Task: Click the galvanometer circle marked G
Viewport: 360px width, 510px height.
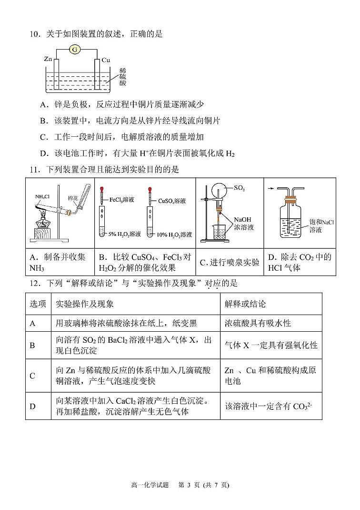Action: pyautogui.click(x=74, y=49)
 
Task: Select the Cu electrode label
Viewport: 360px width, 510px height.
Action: pyautogui.click(x=106, y=60)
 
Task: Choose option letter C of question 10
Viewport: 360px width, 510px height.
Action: pyautogui.click(x=44, y=137)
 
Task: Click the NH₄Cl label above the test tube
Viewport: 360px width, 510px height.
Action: pyautogui.click(x=42, y=195)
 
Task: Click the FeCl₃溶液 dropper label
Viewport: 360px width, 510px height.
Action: pyautogui.click(x=121, y=200)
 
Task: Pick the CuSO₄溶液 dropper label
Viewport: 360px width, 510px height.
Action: pyautogui.click(x=172, y=201)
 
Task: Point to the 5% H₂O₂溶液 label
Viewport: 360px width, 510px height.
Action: pyautogui.click(x=124, y=234)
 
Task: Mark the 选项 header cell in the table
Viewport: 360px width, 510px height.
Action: pyautogui.click(x=38, y=304)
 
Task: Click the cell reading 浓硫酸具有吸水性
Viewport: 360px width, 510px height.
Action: pyautogui.click(x=258, y=323)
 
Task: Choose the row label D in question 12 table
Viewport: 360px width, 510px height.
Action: pyautogui.click(x=33, y=406)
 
